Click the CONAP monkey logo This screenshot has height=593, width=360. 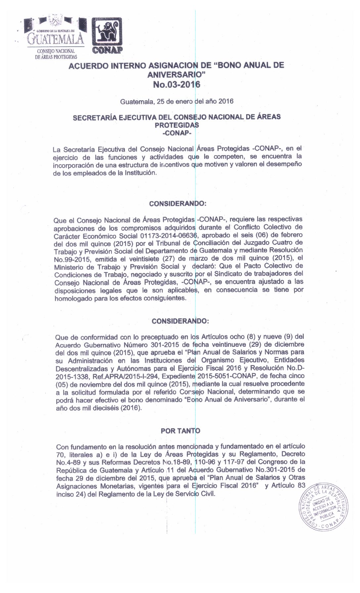point(107,33)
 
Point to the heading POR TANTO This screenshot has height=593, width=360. point(180,431)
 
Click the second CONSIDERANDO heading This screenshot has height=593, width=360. point(180,321)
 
